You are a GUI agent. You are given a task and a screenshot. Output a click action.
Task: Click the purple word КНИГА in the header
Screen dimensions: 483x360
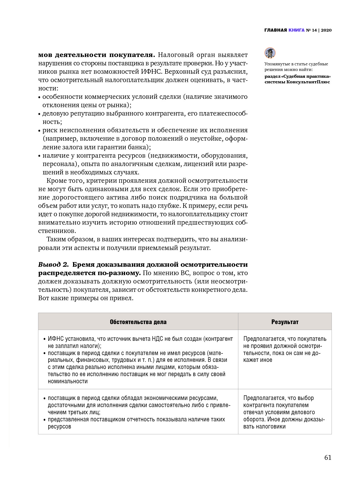click(296, 30)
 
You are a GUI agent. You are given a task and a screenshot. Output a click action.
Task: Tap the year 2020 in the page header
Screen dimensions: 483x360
click(326, 30)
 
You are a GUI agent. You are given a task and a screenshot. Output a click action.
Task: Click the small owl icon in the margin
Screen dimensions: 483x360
click(270, 53)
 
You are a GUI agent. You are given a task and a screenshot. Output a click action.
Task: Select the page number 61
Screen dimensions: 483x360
click(328, 458)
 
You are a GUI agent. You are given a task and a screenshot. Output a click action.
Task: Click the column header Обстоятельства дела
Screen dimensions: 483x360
click(138, 322)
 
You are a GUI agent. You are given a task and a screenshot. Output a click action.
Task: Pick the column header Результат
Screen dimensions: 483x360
click(285, 322)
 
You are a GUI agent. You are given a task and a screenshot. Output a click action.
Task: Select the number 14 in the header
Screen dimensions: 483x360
click(314, 30)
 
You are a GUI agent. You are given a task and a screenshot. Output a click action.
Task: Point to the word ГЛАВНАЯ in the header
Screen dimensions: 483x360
click(275, 30)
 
